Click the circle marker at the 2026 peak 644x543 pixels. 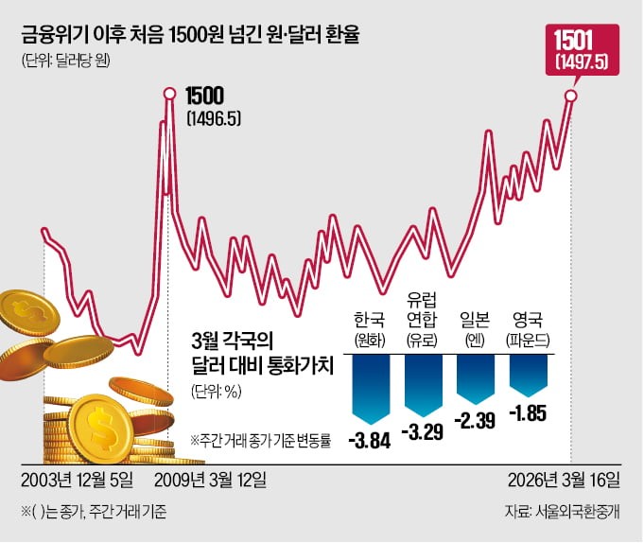click(x=571, y=95)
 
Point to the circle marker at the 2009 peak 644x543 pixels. click(x=169, y=94)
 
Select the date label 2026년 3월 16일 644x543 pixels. click(x=564, y=478)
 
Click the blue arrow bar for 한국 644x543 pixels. click(x=371, y=386)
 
